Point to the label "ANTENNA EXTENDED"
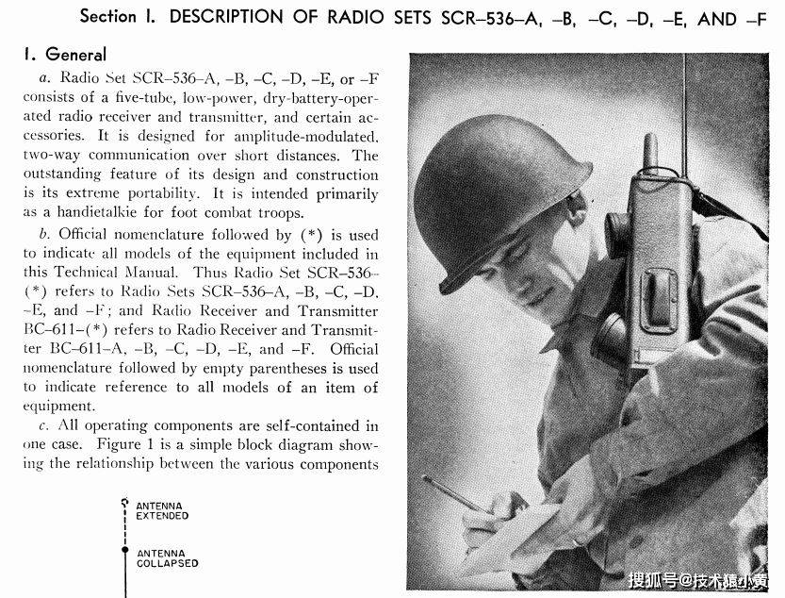(162, 511)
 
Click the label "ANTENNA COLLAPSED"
(168, 558)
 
